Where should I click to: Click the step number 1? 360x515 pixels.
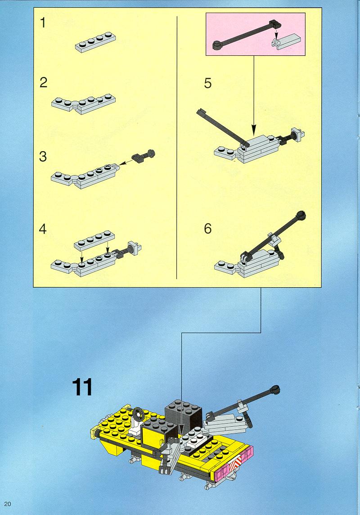click(43, 23)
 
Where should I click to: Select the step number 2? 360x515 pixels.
click(43, 82)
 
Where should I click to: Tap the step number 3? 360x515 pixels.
click(43, 157)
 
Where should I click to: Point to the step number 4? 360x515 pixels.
click(43, 229)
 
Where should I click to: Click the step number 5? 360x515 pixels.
click(208, 83)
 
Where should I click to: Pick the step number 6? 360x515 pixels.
click(208, 229)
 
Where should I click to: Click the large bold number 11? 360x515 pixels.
click(82, 388)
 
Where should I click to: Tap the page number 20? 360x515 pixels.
click(8, 504)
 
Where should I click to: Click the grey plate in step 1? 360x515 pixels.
click(95, 42)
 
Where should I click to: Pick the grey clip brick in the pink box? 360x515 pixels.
click(286, 42)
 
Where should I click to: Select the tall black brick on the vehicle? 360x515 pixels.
click(183, 414)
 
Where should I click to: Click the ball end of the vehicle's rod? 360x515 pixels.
click(275, 390)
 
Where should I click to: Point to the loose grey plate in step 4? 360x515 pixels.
click(95, 240)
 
